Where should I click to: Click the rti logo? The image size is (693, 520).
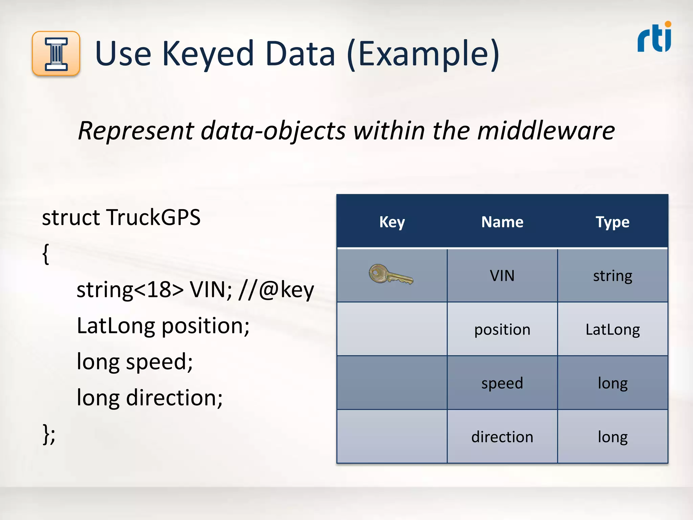pyautogui.click(x=654, y=38)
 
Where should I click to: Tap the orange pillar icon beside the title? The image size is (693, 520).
pyautogui.click(x=56, y=53)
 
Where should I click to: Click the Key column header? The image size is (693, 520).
pyautogui.click(x=392, y=222)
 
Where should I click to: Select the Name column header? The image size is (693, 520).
pyautogui.click(x=502, y=222)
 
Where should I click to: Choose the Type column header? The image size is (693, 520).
pyautogui.click(x=612, y=222)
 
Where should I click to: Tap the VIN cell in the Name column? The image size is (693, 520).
pyautogui.click(x=502, y=276)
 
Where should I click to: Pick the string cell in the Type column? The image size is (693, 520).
pyautogui.click(x=612, y=276)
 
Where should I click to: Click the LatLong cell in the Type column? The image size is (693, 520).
pyautogui.click(x=612, y=329)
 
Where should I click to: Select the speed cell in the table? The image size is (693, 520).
pyautogui.click(x=502, y=383)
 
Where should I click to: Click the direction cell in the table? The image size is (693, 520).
pyautogui.click(x=502, y=437)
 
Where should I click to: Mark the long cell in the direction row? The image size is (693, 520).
pyautogui.click(x=612, y=437)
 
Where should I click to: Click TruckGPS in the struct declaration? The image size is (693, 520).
pyautogui.click(x=153, y=217)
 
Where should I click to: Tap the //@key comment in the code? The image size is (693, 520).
pyautogui.click(x=276, y=290)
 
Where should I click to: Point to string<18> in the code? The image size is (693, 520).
pyautogui.click(x=130, y=290)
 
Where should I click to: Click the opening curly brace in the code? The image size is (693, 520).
pyautogui.click(x=46, y=254)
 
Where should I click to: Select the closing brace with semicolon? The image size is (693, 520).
pyautogui.click(x=49, y=434)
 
